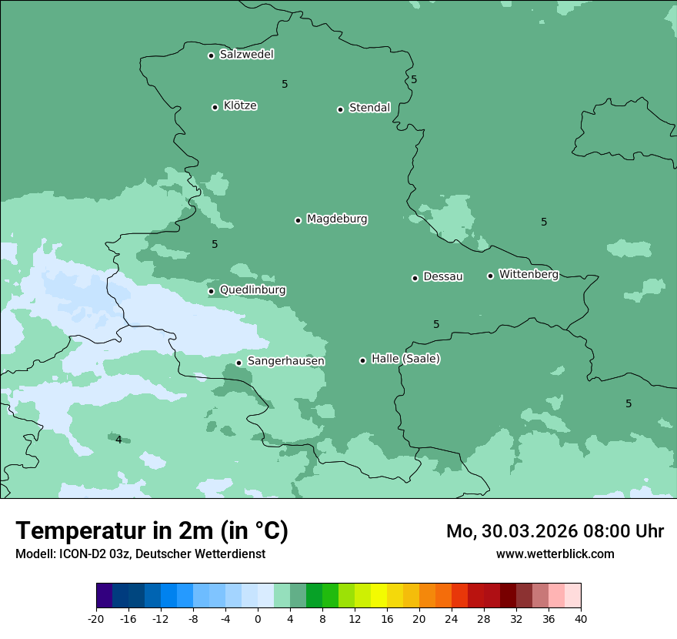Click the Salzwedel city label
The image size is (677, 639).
coord(246,55)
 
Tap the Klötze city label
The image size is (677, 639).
coord(240,105)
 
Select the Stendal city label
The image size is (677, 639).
coord(369,108)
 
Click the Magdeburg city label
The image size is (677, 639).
coord(337,219)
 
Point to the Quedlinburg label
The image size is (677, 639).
coord(252,290)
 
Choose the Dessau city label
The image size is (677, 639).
coord(443,276)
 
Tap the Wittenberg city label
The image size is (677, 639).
coord(529,274)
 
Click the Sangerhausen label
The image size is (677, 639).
coord(285,361)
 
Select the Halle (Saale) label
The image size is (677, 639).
coord(405,359)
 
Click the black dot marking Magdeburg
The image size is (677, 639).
coord(298,220)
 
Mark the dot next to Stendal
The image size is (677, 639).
coord(340,109)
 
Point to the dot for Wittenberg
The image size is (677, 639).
coord(490,276)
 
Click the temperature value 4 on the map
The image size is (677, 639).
coord(118,440)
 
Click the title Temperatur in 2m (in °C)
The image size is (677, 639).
coord(152,530)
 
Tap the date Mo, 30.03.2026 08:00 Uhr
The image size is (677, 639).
coord(555,531)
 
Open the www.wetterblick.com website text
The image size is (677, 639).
coord(555,554)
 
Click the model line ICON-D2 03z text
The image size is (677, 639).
coord(140,554)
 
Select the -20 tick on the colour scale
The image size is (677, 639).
coord(96,618)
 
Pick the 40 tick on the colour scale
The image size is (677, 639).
coord(580,618)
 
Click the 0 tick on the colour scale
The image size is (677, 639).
coord(258,618)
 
